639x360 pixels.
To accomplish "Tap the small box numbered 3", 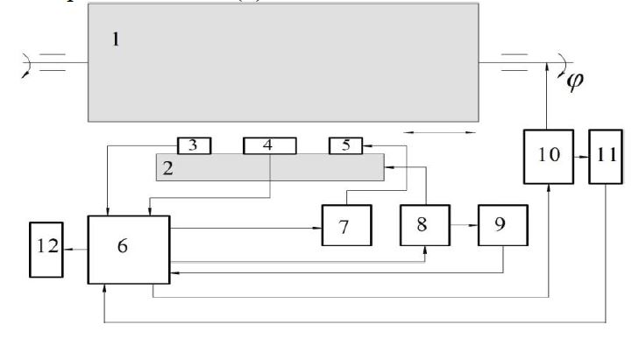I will tap(195, 145).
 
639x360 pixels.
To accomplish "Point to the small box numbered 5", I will tap(345, 145).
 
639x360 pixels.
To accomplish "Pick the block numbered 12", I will tap(46, 249).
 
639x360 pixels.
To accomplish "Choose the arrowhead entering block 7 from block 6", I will tap(316, 228).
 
